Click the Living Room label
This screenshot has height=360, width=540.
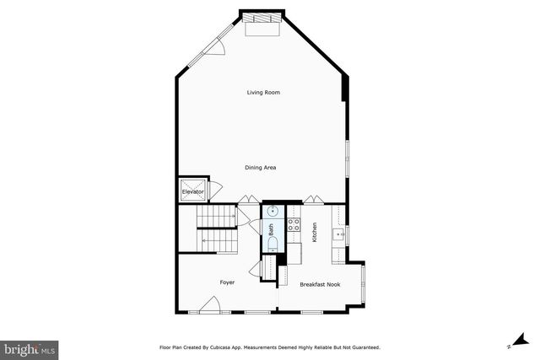[x=262, y=92]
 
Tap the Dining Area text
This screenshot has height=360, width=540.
[x=261, y=168]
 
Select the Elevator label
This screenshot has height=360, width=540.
[x=193, y=192]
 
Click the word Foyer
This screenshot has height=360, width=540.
[x=228, y=282]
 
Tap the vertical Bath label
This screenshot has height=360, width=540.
[x=271, y=228]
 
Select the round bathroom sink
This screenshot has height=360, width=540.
[x=273, y=212]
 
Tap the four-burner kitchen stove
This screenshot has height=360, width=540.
[x=294, y=225]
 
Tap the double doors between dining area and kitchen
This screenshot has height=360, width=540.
[x=314, y=199]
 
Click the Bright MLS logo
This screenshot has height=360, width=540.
[x=30, y=347]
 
